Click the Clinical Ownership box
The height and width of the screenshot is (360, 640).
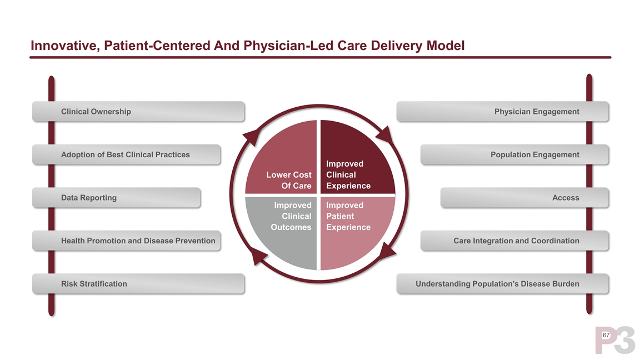[138, 112]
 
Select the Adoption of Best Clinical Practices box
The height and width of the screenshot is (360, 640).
[127, 154]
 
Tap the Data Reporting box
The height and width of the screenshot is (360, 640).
[116, 198]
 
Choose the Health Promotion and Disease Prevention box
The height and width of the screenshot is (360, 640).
[127, 241]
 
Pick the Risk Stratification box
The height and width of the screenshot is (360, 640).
[138, 284]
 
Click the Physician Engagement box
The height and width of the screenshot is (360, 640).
[502, 112]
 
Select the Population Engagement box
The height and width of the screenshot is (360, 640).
[514, 154]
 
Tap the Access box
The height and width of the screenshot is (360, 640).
[524, 198]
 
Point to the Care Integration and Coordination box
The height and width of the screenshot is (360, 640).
[514, 241]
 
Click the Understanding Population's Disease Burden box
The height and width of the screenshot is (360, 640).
[502, 284]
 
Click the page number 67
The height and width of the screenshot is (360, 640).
[606, 335]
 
